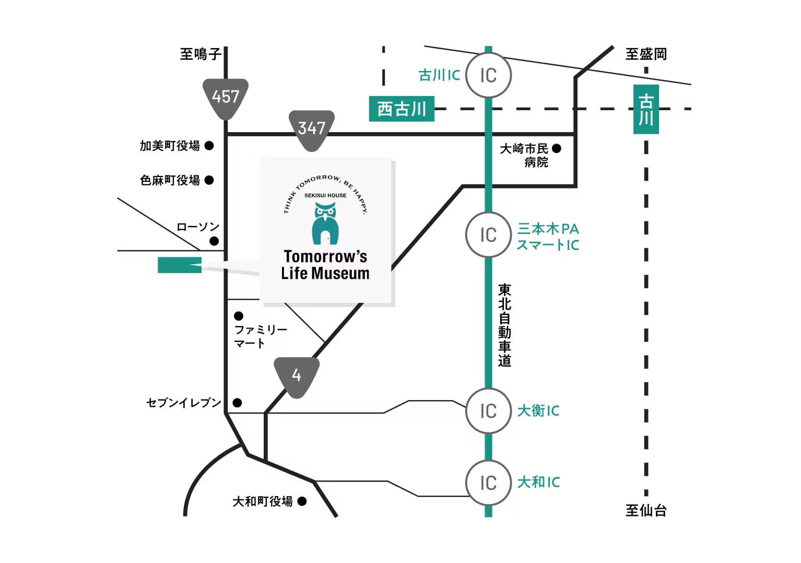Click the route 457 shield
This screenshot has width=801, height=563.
(x=225, y=99)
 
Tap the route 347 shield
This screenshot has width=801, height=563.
(x=311, y=130)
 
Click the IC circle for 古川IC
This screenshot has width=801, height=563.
(x=488, y=76)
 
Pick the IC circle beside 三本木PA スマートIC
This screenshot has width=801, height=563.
(x=488, y=235)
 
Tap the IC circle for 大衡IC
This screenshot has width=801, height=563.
(x=488, y=411)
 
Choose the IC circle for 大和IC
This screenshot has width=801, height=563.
(x=488, y=483)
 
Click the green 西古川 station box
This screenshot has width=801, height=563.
(x=402, y=109)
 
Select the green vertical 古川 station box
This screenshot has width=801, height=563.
(x=646, y=110)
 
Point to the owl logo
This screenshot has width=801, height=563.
(x=325, y=223)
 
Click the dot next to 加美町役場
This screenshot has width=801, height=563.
(x=209, y=146)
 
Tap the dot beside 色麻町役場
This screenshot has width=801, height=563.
(x=209, y=180)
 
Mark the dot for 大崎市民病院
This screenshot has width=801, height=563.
(x=557, y=148)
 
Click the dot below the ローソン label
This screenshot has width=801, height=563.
(x=214, y=241)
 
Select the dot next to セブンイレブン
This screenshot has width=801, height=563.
(x=237, y=403)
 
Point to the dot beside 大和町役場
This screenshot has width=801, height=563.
(x=302, y=501)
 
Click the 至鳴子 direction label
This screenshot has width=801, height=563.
(x=201, y=54)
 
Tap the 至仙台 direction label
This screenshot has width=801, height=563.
(x=646, y=510)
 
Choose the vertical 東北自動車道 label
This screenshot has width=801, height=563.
(x=504, y=325)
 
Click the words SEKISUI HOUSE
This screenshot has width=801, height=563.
(x=325, y=195)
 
